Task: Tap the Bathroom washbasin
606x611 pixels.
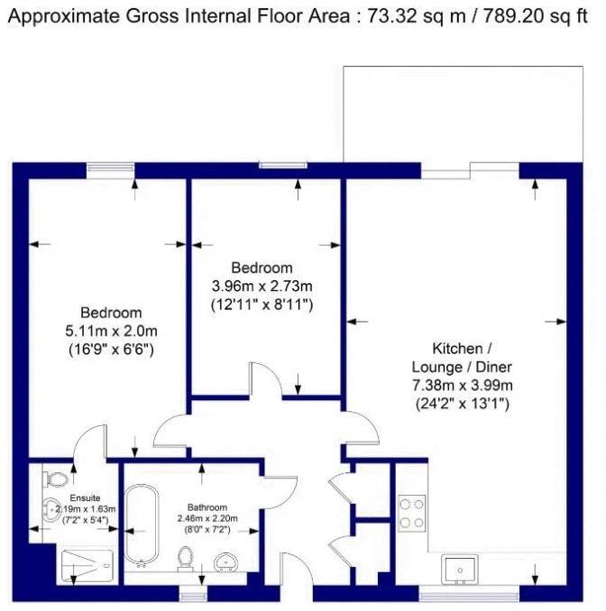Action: [226, 564]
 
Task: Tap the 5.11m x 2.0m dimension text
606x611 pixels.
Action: [111, 330]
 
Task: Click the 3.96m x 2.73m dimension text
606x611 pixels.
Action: [261, 287]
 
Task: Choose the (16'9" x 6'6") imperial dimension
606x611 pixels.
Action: [111, 348]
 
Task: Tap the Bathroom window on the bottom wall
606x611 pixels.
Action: [192, 594]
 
